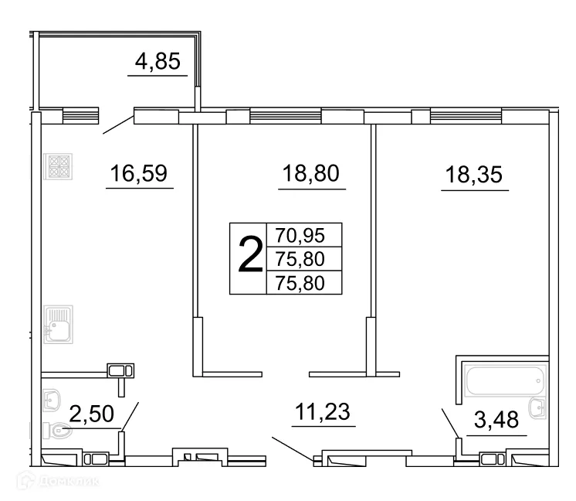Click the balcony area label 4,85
pyautogui.click(x=158, y=62)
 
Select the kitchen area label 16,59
pyautogui.click(x=139, y=174)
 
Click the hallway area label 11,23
pyautogui.click(x=322, y=412)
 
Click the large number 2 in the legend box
pyautogui.click(x=249, y=258)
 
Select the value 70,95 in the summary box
pyautogui.click(x=303, y=235)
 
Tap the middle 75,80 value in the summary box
pyautogui.click(x=303, y=258)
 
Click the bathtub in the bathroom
pyautogui.click(x=501, y=380)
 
